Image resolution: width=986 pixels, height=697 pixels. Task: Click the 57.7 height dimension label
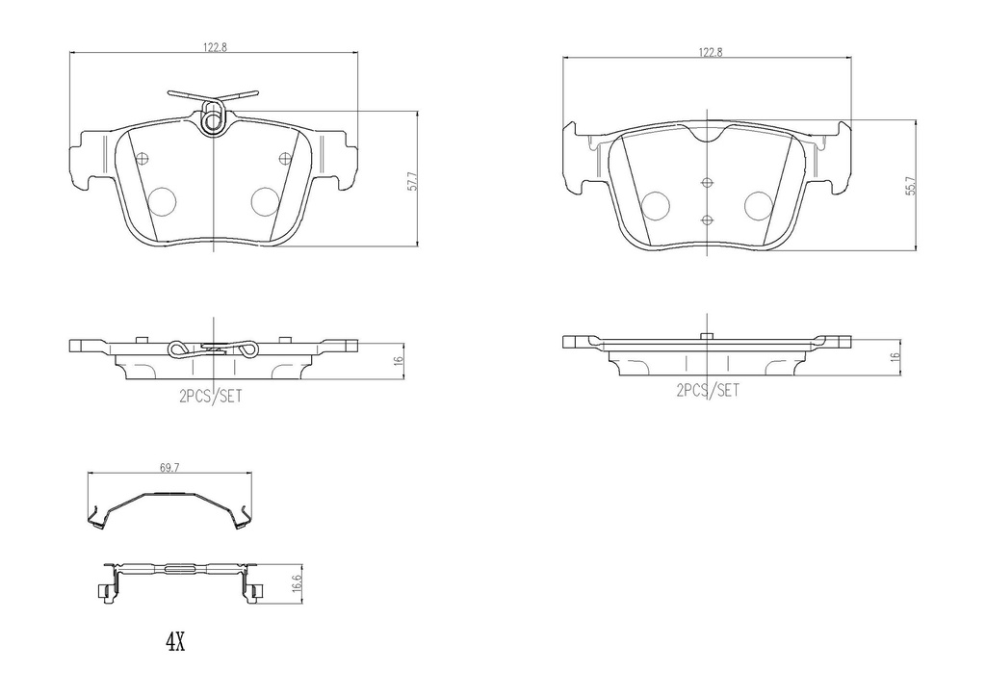(x=411, y=181)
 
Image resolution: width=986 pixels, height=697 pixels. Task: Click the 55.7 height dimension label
(x=909, y=187)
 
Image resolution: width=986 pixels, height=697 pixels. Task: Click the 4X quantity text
(x=173, y=642)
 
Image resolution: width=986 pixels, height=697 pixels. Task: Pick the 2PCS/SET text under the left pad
(x=210, y=396)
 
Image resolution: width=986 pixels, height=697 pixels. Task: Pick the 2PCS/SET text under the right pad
(x=708, y=390)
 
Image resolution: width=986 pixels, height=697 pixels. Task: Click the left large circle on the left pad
(x=163, y=200)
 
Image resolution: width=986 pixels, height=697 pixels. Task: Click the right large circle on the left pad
(x=264, y=200)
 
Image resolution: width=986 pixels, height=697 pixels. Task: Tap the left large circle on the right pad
(x=656, y=205)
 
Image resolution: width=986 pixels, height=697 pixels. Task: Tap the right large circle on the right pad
(x=759, y=205)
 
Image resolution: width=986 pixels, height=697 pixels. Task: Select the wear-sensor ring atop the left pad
(x=214, y=122)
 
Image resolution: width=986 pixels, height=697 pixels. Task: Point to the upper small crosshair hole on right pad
(x=707, y=183)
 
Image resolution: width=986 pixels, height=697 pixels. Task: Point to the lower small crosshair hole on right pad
(x=707, y=219)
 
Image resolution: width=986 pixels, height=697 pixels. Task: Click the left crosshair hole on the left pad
(x=142, y=159)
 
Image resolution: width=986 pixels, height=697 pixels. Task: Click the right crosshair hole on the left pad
(x=283, y=159)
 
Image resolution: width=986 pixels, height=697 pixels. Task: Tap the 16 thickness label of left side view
(x=398, y=360)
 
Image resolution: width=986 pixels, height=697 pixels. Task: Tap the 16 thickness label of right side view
(x=895, y=356)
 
